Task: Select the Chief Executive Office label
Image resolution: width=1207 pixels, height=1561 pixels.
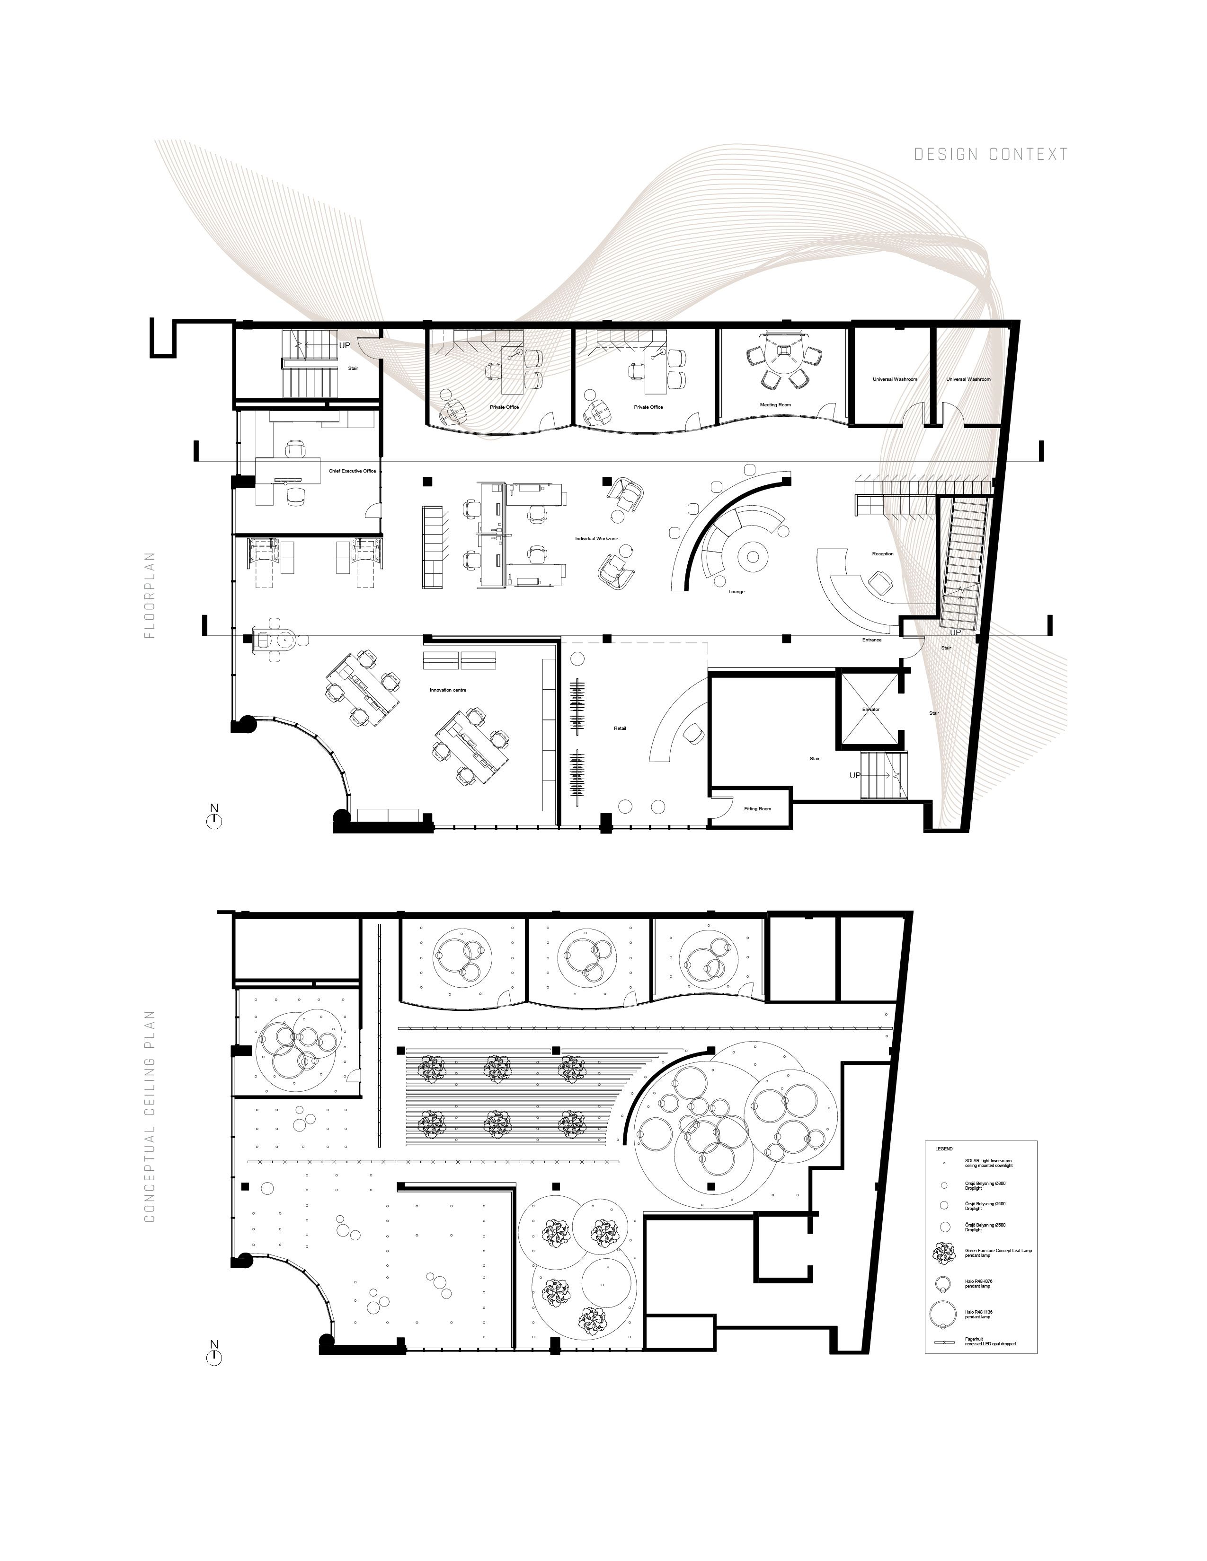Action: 352,471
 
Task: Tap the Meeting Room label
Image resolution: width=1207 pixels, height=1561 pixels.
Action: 775,405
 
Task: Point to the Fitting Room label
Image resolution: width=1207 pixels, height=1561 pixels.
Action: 757,808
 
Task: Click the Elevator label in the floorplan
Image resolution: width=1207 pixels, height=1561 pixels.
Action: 870,710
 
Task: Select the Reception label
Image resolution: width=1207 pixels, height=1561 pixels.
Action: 882,554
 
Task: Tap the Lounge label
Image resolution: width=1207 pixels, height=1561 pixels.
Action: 737,592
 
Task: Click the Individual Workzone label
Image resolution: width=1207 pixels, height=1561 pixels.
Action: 596,538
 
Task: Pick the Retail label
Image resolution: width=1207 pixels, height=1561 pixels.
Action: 620,728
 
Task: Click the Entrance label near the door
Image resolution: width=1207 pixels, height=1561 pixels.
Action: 871,640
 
